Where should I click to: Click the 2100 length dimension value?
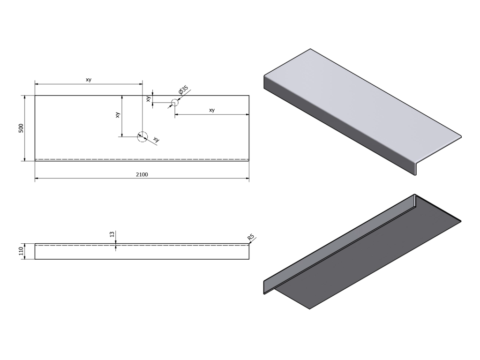[x=142, y=174]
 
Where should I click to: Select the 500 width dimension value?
[x=21, y=128]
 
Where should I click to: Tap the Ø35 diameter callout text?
[x=183, y=90]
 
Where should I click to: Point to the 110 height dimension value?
[x=21, y=252]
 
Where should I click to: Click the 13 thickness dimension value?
[x=112, y=234]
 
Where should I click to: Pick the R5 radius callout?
[x=251, y=238]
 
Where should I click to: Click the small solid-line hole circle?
[x=174, y=102]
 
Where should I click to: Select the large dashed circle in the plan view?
[x=142, y=136]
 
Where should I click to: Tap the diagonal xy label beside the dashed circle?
[x=156, y=140]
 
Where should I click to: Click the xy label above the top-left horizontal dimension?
[x=89, y=80]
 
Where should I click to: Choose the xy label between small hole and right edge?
[x=211, y=110]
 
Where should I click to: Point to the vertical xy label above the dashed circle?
[x=118, y=115]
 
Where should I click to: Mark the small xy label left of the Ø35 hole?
[x=148, y=99]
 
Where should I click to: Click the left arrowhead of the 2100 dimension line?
[x=37, y=179]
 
